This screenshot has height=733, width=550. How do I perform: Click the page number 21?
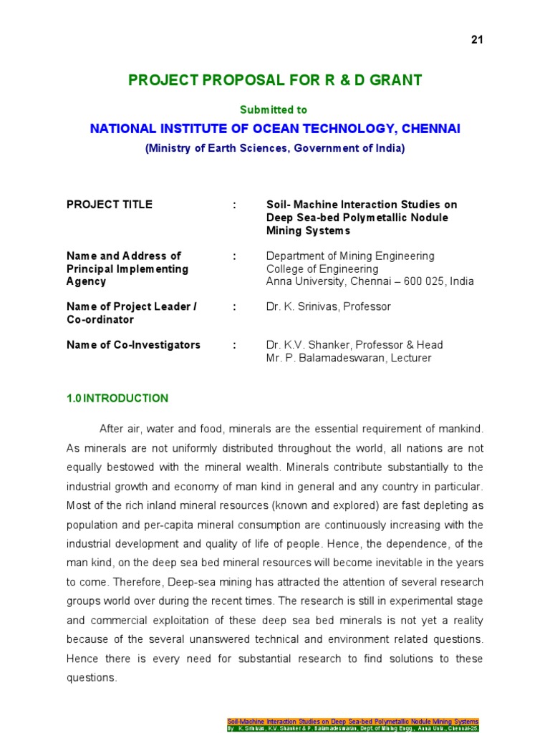[478, 39]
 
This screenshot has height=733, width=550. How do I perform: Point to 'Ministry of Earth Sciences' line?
[275, 148]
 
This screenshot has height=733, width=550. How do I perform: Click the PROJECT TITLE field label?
[109, 205]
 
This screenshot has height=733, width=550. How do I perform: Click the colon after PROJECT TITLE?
[234, 205]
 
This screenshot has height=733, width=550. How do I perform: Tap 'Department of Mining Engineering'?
[349, 256]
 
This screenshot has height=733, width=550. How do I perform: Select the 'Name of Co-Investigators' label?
[133, 345]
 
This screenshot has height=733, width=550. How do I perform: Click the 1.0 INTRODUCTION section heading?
[117, 399]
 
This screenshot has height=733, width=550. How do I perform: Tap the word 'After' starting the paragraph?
[111, 429]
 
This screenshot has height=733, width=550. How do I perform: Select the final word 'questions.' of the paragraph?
[91, 677]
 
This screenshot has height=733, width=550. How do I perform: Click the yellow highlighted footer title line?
[352, 722]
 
